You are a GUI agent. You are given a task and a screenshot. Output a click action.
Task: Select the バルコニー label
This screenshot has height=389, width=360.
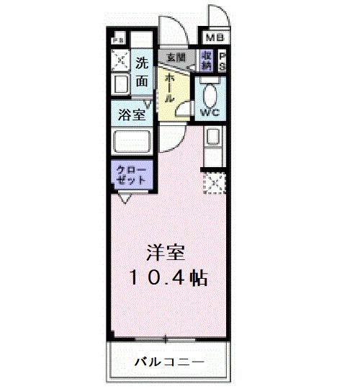click(170, 360)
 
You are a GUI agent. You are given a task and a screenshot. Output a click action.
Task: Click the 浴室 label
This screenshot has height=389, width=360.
click(132, 114)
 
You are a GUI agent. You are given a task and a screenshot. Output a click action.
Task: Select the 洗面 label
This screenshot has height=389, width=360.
click(143, 72)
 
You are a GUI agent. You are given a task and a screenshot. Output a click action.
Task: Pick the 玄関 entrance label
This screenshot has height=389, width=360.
click(176, 57)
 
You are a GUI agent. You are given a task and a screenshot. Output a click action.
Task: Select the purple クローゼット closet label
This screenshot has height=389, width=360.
click(131, 174)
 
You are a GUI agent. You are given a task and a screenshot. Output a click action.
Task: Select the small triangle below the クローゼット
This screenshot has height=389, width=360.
click(125, 198)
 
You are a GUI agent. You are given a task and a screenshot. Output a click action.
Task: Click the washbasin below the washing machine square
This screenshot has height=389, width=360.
click(120, 85)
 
